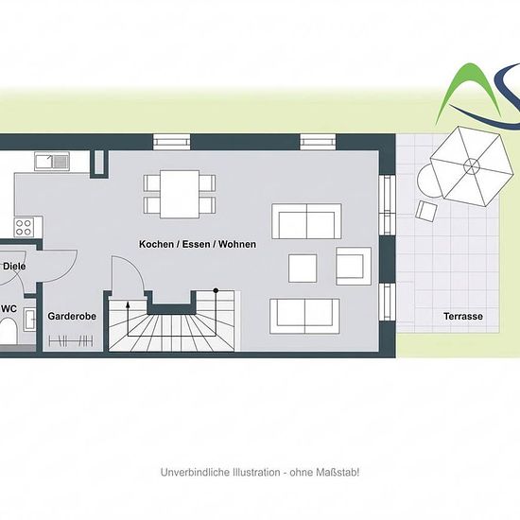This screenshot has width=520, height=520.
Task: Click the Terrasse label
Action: (x=463, y=316)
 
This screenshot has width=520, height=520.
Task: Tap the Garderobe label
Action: (x=72, y=316)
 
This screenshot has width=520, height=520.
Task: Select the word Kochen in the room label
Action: (x=156, y=244)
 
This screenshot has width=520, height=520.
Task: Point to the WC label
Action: (x=9, y=309)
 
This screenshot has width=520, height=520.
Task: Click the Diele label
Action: (x=14, y=266)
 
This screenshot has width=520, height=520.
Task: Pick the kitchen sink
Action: (x=52, y=161)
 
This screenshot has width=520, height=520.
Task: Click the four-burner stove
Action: (x=24, y=228)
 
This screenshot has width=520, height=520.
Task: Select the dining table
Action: (x=180, y=194)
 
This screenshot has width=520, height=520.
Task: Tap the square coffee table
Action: (x=303, y=269)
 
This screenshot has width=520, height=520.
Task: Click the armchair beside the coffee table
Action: (x=354, y=266)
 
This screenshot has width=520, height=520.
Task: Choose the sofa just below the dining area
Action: (x=306, y=221)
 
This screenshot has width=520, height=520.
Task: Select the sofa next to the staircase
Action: (x=304, y=316)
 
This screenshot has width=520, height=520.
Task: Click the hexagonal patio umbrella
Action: (x=472, y=165)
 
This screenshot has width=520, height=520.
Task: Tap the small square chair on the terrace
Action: (x=426, y=211)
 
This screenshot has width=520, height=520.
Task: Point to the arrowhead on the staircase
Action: (x=128, y=304)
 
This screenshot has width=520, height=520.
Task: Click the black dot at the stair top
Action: (x=216, y=290)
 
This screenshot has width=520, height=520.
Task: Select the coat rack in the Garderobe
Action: (x=71, y=341)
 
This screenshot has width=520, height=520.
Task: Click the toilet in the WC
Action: (x=8, y=331)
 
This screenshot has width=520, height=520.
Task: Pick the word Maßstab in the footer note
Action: (x=338, y=472)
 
